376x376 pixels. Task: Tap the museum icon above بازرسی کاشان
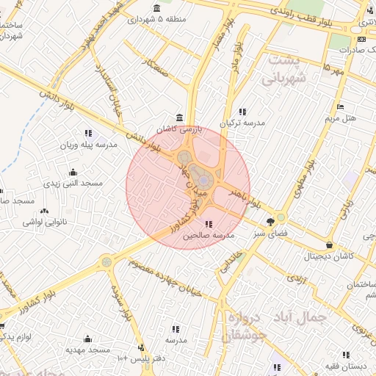[x=180, y=118]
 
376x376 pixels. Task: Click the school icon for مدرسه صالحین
[x=209, y=225]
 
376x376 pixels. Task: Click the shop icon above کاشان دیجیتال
[x=329, y=245]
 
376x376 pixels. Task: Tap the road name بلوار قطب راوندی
[x=301, y=18]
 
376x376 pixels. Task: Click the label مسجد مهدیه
[x=88, y=350]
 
